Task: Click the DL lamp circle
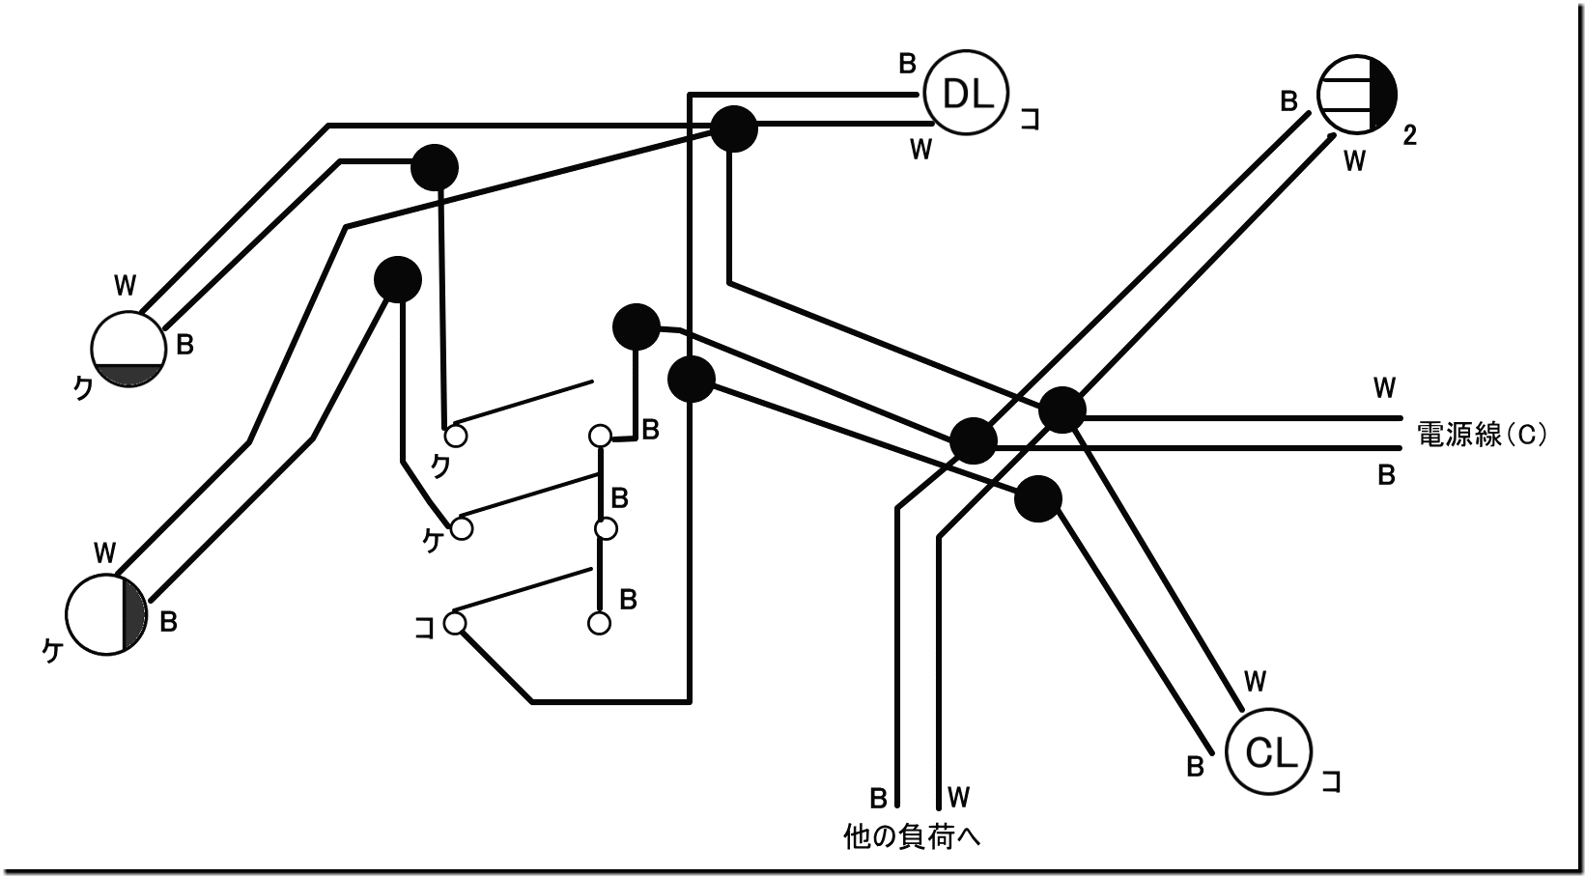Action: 965,94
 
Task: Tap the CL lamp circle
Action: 1269,752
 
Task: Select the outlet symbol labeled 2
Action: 1356,94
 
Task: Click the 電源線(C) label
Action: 1483,435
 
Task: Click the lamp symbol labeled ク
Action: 128,350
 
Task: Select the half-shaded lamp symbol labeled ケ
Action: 106,614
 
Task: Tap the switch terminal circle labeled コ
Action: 455,623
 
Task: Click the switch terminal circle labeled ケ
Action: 462,528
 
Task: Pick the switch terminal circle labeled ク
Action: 456,436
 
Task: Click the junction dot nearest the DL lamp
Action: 734,128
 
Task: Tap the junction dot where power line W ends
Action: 1061,410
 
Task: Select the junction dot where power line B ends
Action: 973,441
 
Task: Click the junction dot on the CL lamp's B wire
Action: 1038,499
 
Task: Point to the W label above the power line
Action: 1384,388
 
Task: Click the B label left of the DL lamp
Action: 907,64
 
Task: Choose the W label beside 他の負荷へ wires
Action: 958,797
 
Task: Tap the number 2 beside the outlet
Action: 1409,136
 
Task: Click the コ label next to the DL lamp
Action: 1031,121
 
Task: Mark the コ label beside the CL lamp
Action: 1331,781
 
